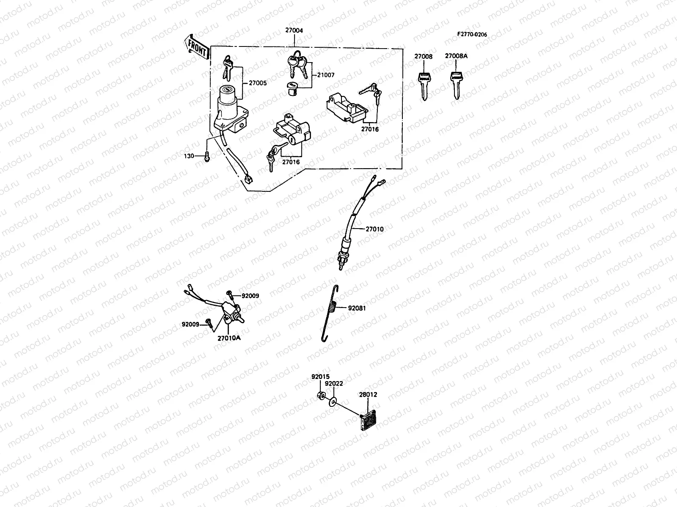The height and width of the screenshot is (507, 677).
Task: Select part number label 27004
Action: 294,31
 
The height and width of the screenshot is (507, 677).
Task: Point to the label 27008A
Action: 456,56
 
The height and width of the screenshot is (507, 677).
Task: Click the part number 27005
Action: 258,83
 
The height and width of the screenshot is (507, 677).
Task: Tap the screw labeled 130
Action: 207,157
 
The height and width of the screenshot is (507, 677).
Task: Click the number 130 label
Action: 189,156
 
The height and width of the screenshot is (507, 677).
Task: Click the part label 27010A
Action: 229,338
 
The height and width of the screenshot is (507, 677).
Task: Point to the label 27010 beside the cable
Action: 374,229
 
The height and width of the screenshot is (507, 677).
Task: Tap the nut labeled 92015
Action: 321,396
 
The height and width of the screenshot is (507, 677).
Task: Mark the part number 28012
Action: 368,395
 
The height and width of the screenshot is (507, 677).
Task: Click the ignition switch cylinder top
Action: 228,90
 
